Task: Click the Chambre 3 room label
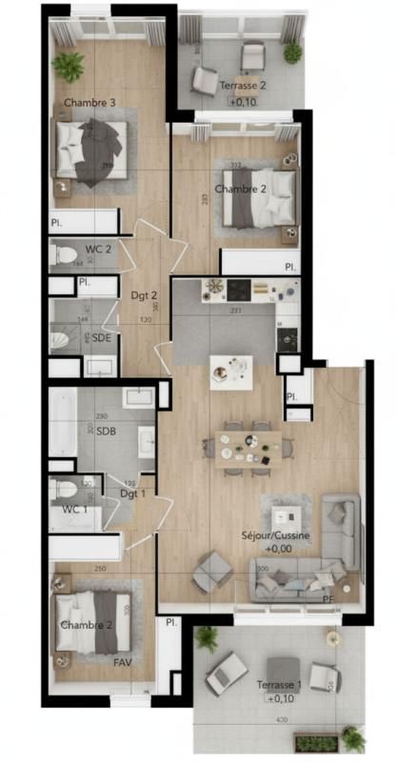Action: click(x=89, y=102)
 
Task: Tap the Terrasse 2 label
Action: click(x=242, y=86)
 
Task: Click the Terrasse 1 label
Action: click(x=280, y=685)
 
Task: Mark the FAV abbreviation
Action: click(x=122, y=660)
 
